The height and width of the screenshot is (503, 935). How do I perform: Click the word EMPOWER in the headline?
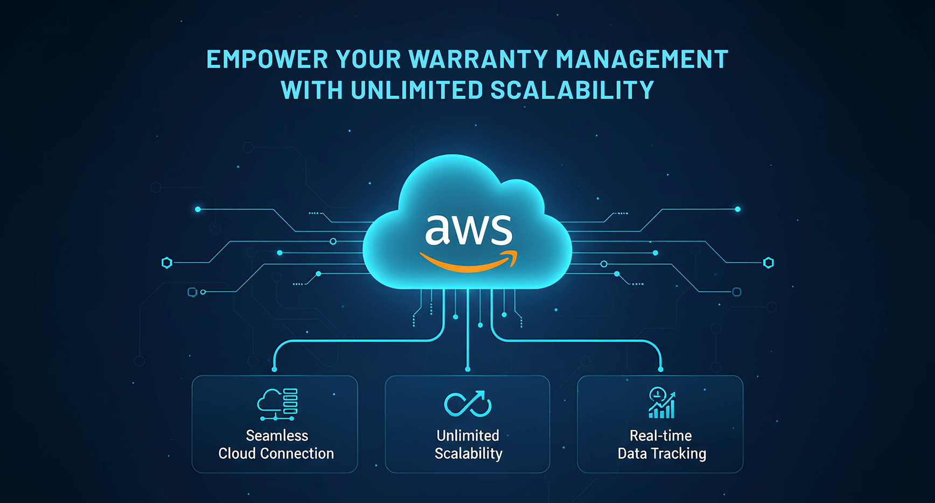pyautogui.click(x=267, y=59)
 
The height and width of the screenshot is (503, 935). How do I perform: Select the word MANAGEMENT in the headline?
pyautogui.click(x=642, y=59)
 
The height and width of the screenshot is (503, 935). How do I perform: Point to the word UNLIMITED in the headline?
pyautogui.click(x=416, y=90)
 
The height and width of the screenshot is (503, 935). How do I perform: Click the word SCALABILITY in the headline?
pyautogui.click(x=572, y=90)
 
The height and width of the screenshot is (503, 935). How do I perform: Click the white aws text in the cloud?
pyautogui.click(x=469, y=230)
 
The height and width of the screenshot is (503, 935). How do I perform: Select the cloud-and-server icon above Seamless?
pyautogui.click(x=277, y=404)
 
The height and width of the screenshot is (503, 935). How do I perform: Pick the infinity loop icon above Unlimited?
pyautogui.click(x=467, y=404)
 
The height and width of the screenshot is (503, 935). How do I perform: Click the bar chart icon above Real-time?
pyautogui.click(x=661, y=403)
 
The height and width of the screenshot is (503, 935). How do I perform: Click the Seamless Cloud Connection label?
pyautogui.click(x=276, y=444)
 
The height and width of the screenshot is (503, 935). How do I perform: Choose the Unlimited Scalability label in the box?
pyautogui.click(x=468, y=444)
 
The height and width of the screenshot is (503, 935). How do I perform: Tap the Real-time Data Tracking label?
pyautogui.click(x=661, y=445)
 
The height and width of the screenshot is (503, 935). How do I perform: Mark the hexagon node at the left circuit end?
pyautogui.click(x=167, y=263)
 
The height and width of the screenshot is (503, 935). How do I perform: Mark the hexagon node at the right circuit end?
pyautogui.click(x=769, y=263)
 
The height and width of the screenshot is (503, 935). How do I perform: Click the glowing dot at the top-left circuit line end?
pyautogui.click(x=198, y=209)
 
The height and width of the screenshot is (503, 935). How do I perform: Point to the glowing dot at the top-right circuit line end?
pyautogui.click(x=738, y=209)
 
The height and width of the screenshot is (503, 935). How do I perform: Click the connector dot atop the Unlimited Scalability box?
pyautogui.click(x=467, y=369)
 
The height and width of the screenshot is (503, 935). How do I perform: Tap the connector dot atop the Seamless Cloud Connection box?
pyautogui.click(x=275, y=369)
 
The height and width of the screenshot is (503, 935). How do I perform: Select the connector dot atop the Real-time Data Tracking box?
pyautogui.click(x=661, y=369)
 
